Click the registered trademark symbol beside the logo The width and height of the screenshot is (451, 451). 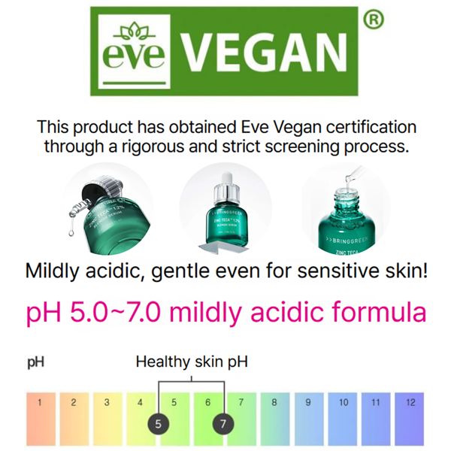[372, 21]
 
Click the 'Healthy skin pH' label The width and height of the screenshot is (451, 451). [192, 362]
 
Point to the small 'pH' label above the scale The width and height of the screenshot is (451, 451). [35, 363]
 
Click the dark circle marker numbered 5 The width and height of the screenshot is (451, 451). [158, 424]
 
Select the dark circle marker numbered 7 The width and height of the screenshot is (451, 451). [223, 424]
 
